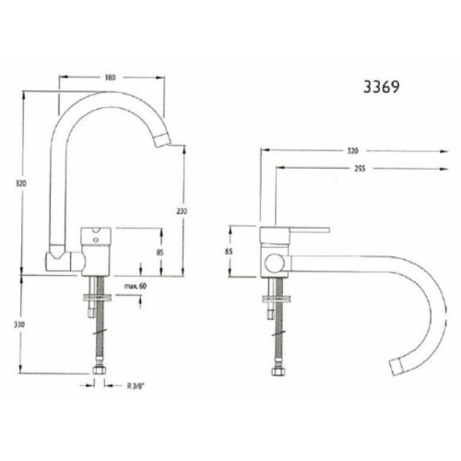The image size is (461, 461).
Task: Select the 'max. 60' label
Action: coord(135,288)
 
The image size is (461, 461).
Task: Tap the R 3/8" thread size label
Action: coord(138,387)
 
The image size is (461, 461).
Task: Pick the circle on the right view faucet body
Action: coord(272,263)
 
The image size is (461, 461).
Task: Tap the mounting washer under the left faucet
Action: coord(98,297)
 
